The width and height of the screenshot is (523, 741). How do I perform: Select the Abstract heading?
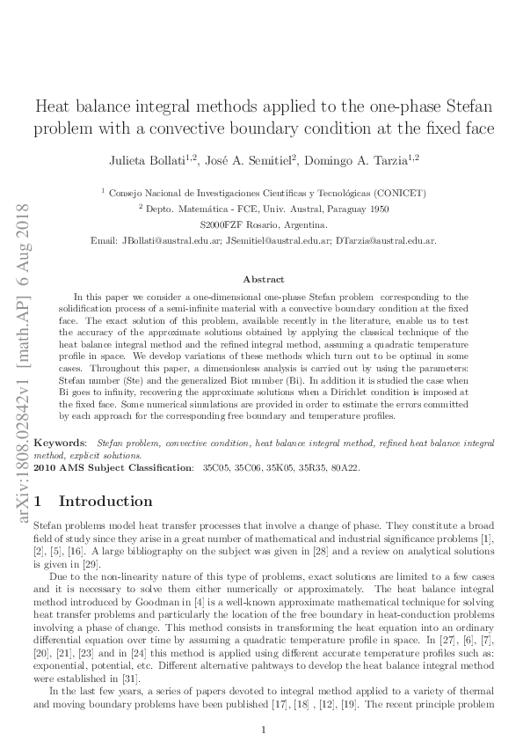264,279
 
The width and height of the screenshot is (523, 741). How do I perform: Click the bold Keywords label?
60,439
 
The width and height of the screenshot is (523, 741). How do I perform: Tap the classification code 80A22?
346,467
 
